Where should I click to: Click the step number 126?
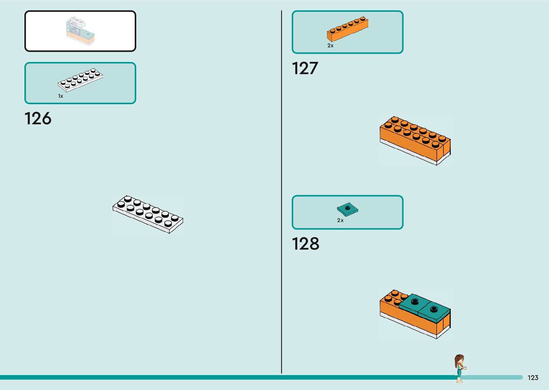point(38,119)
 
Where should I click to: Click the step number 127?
point(305,68)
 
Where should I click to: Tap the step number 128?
point(305,244)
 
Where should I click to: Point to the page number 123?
point(533,378)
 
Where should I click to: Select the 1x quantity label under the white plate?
point(61,96)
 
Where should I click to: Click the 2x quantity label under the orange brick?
point(330,45)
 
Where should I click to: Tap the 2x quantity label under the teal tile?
point(340,220)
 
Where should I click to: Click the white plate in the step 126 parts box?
point(80,80)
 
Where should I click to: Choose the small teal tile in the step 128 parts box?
point(347,208)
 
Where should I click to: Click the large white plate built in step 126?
point(148,214)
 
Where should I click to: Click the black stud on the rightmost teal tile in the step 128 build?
point(434,308)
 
